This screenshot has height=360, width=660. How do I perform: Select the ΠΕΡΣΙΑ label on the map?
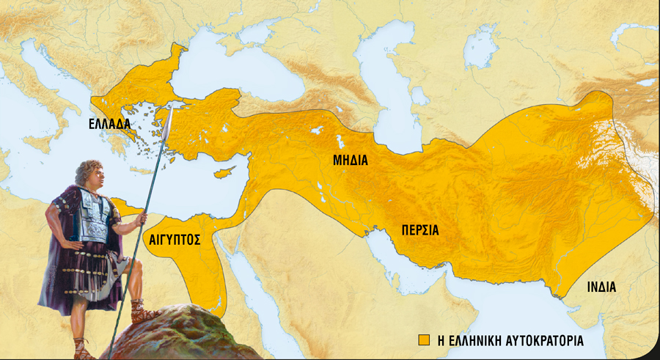tap(420, 229)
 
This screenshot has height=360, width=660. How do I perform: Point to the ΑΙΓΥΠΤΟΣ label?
tap(175, 239)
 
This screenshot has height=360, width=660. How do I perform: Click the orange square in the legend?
tap(423, 341)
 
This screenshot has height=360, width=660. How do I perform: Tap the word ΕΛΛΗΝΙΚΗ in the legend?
tap(469, 341)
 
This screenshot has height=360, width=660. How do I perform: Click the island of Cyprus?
tap(221, 175)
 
